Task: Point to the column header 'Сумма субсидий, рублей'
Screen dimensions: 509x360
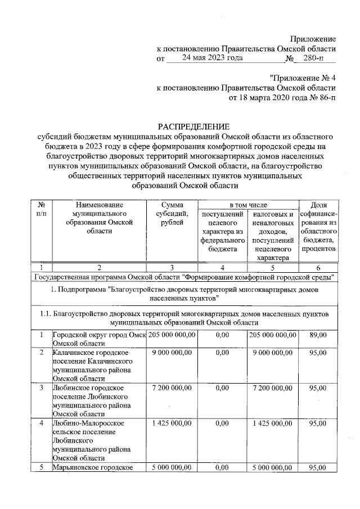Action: pyautogui.click(x=175, y=214)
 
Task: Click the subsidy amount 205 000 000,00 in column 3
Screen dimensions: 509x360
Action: pyautogui.click(x=173, y=335)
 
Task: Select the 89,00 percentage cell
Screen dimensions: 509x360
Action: pyautogui.click(x=318, y=335)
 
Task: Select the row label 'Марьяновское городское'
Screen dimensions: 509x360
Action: pyautogui.click(x=91, y=467)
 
